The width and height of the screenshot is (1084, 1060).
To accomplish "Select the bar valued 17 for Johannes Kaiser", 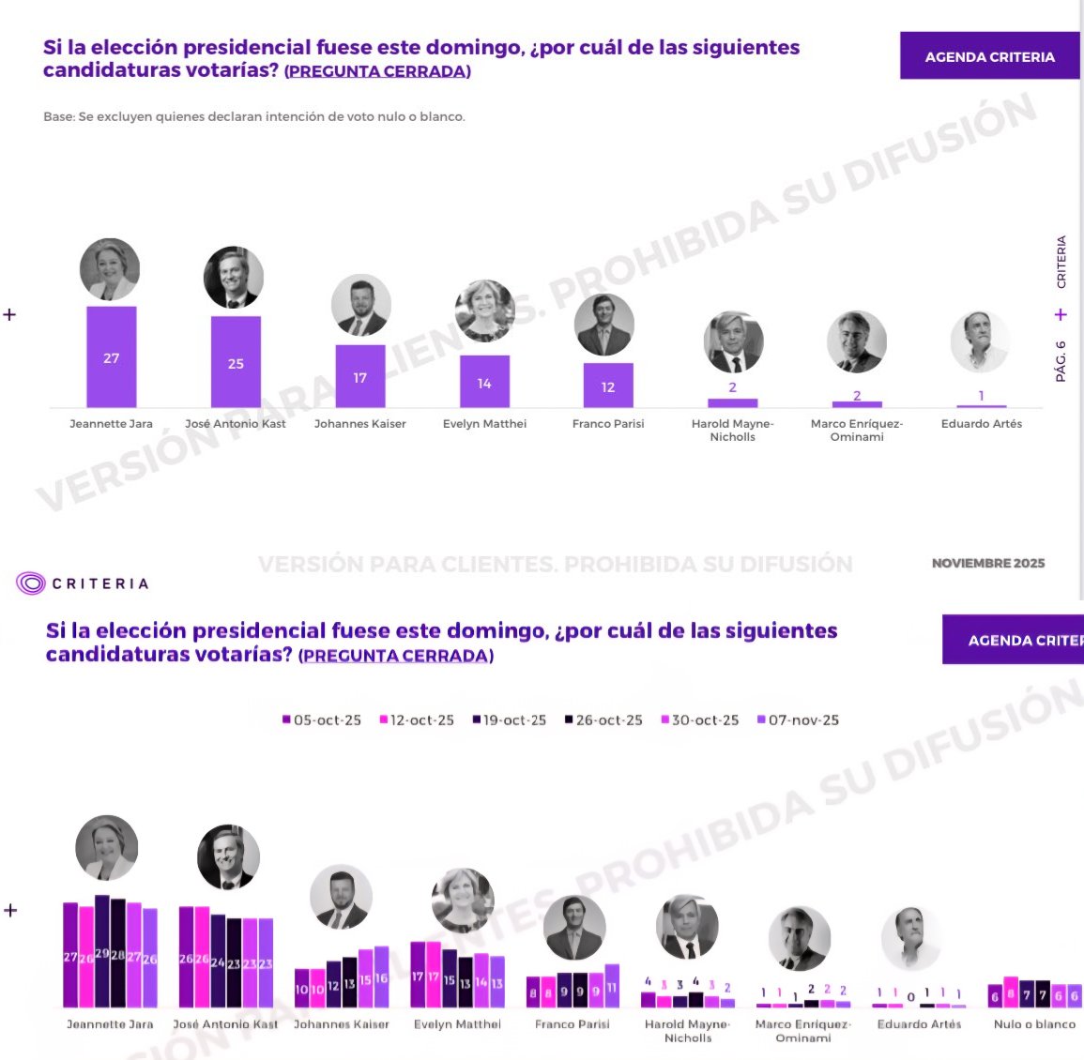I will tap(360, 376).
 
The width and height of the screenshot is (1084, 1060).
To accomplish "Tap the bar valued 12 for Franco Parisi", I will tap(608, 386).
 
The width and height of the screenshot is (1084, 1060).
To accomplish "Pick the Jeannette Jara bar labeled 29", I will tap(102, 952).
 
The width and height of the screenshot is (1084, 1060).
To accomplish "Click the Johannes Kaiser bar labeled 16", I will tap(381, 977).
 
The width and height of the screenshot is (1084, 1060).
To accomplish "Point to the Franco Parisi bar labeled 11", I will tap(611, 986).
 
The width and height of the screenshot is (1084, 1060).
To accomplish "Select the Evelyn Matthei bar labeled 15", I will tap(450, 978).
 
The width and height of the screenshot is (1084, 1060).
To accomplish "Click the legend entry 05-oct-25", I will tap(322, 720).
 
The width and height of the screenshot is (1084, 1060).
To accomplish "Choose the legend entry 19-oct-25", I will tap(509, 720).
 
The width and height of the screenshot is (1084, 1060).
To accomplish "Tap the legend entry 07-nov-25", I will tap(798, 720).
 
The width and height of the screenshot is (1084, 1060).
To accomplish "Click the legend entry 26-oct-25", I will tap(603, 720).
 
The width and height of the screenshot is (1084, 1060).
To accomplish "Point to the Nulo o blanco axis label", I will tap(1034, 1024).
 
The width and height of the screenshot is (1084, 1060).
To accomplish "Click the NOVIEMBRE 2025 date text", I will tap(987, 564).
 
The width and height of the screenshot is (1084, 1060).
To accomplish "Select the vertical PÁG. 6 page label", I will tap(1061, 361).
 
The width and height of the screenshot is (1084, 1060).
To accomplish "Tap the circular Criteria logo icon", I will tap(31, 583).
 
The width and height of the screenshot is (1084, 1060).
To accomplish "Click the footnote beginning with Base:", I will tap(254, 117).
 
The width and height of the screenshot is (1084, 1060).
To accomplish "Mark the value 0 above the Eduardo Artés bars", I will tap(911, 996).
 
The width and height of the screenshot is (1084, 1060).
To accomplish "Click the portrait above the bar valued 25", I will tap(234, 278).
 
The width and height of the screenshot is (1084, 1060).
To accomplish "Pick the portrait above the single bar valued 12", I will tap(604, 325).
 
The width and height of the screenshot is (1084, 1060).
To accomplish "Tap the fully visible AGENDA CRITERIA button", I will tap(989, 56).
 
